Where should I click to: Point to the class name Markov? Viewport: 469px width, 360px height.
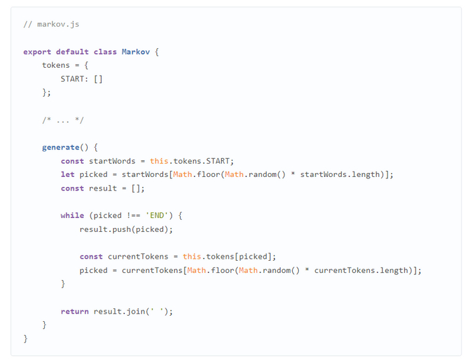(x=135, y=52)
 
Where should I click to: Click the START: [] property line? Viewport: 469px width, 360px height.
(x=81, y=79)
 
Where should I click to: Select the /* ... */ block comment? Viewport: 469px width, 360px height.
(x=62, y=120)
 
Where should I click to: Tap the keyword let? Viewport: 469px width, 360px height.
(x=67, y=175)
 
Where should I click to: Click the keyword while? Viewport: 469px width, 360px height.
(x=72, y=216)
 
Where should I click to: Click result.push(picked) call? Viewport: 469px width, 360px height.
(x=126, y=229)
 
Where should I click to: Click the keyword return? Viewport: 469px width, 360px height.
(x=74, y=312)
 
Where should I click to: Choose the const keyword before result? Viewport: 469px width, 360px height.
(x=72, y=188)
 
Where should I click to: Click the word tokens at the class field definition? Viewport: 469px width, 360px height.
(x=56, y=65)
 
